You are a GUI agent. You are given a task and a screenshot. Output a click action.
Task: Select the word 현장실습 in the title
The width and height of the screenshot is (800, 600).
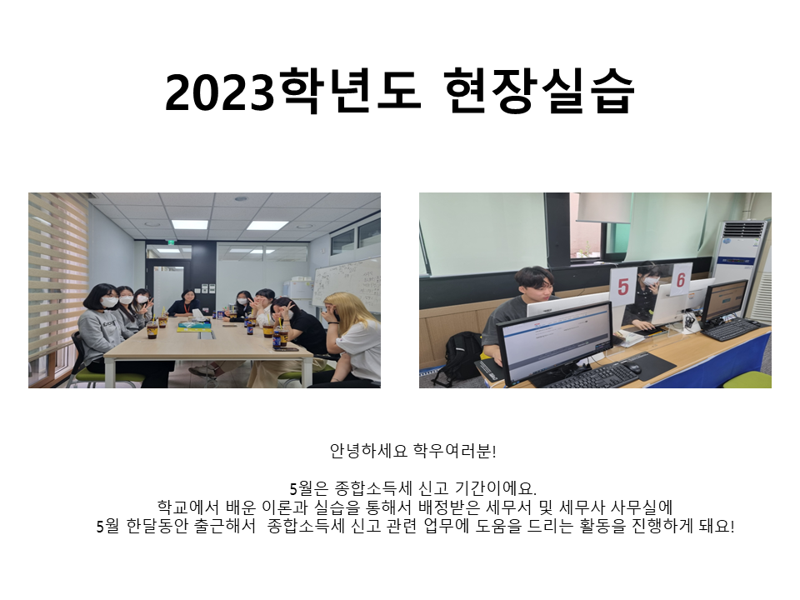tap(539, 91)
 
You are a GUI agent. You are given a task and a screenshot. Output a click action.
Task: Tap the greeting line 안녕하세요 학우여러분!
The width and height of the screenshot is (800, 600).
tap(412, 451)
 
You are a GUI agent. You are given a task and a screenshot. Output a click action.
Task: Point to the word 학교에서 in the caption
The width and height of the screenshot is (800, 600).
tap(187, 507)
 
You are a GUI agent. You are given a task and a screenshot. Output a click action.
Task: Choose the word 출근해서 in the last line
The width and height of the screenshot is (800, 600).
tap(224, 526)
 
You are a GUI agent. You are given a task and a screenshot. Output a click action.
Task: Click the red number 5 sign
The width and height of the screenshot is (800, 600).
tap(623, 286)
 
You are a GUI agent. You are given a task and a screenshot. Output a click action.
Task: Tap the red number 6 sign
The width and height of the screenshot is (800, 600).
tap(681, 280)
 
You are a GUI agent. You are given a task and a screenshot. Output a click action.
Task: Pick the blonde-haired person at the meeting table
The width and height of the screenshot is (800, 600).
tap(352, 337)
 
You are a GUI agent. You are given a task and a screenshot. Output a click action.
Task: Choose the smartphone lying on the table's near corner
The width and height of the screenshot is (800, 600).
tap(286, 349)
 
